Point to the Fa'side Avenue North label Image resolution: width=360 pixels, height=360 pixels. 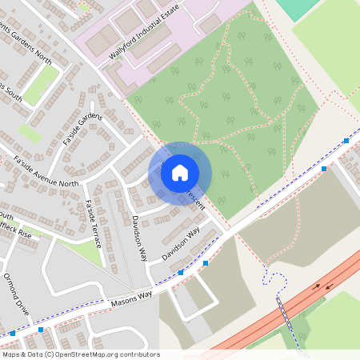46,172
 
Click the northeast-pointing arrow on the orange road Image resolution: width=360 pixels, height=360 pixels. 328,285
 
